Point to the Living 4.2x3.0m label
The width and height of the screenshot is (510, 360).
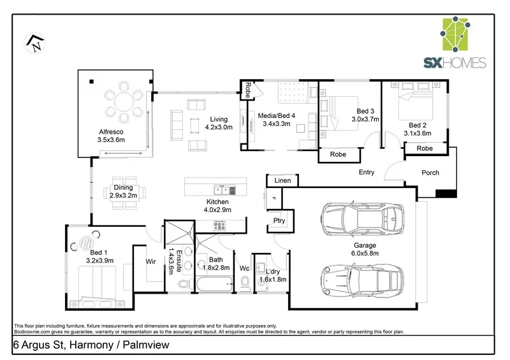[x=219, y=123]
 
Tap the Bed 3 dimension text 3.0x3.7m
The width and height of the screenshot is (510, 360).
[x=367, y=119]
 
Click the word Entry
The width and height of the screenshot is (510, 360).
[x=367, y=172]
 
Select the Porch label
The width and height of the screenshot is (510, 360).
[x=430, y=173]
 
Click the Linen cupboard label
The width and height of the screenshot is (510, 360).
[x=282, y=181]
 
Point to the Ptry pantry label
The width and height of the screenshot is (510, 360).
[x=279, y=221]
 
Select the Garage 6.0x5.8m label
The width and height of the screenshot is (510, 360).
[x=365, y=248]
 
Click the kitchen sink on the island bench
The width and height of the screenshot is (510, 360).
[x=224, y=190]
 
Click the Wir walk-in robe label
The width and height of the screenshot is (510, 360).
[x=151, y=261]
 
